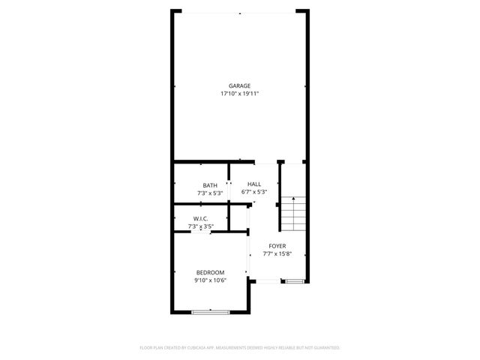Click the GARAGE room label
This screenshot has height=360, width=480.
point(240,85)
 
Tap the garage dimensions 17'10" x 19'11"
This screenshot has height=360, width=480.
point(240,94)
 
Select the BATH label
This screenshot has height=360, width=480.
point(210,185)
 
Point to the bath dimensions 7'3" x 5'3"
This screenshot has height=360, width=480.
point(210,193)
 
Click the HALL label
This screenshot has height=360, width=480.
point(254,184)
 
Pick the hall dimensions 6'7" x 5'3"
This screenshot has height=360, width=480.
point(254,192)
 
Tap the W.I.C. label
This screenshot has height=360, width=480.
point(200,218)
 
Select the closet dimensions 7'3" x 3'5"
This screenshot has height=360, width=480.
point(200,226)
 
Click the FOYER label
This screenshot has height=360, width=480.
point(277,246)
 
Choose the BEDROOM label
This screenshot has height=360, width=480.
point(210,272)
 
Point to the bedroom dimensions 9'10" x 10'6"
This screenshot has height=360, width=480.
point(210,280)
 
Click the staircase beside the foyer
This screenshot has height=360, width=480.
point(294,215)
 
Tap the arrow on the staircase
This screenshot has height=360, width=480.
point(294,200)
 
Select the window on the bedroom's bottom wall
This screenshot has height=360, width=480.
point(211,311)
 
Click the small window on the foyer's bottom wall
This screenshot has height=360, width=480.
point(294,281)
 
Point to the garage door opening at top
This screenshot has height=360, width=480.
point(240,12)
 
